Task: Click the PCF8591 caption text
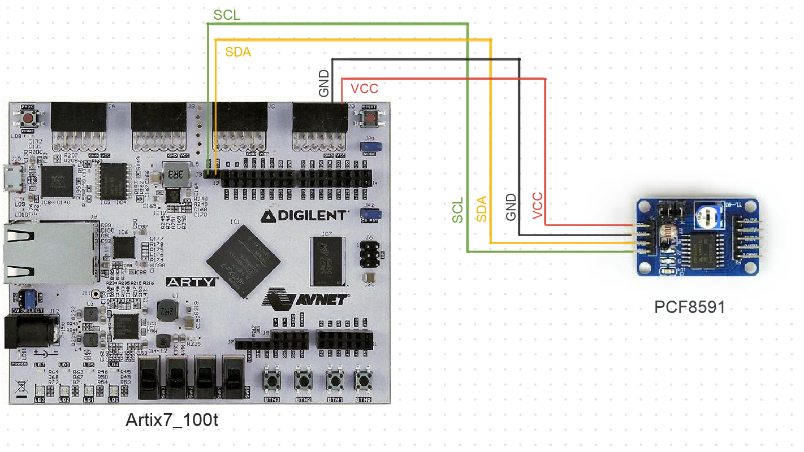tap(689, 307)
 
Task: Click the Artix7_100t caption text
tap(171, 420)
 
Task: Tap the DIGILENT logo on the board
tap(304, 215)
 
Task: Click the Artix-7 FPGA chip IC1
tap(244, 261)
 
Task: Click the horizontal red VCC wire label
tap(364, 89)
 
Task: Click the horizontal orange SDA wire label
tap(238, 53)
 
